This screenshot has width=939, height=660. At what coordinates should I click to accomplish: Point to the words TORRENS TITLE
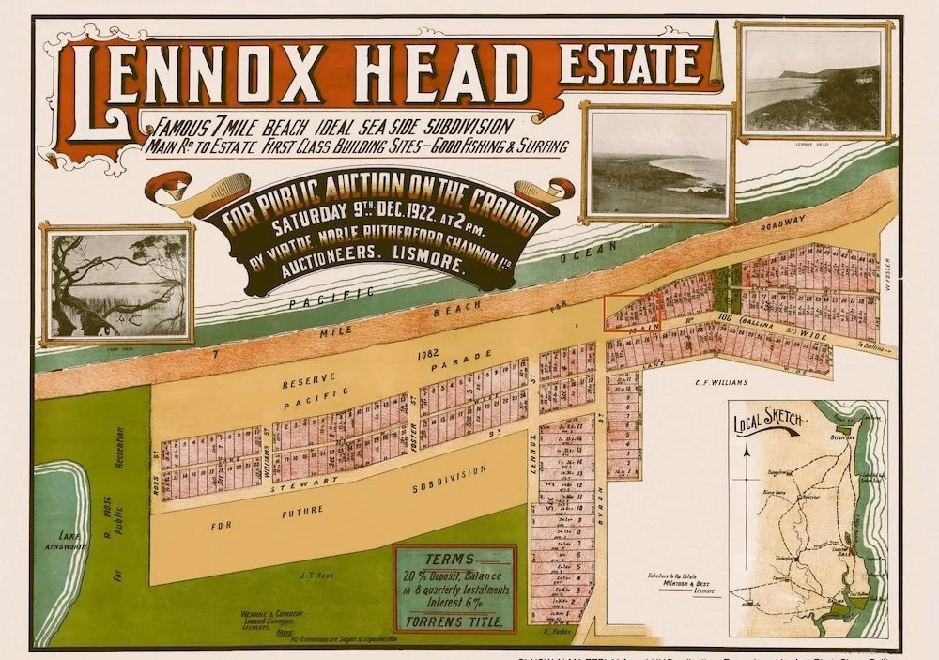pyautogui.click(x=454, y=621)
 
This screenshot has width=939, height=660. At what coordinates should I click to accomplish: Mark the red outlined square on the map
pyautogui.click(x=631, y=312)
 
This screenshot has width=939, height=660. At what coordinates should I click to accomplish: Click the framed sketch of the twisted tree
pyautogui.click(x=116, y=283)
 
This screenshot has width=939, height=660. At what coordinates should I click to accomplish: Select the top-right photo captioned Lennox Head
pyautogui.click(x=812, y=83)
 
